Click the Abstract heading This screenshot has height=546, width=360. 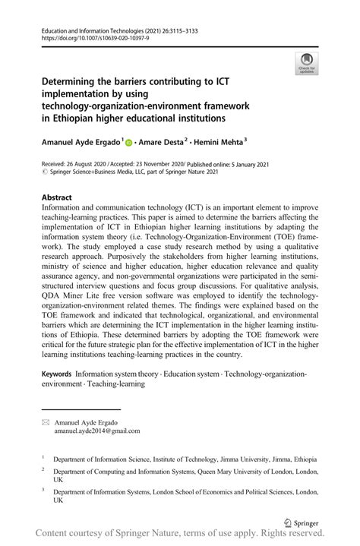click(58, 196)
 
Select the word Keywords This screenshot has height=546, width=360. click(57, 375)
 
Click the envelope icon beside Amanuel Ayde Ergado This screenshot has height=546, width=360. click(46, 421)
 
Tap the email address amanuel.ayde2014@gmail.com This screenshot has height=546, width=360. click(96, 431)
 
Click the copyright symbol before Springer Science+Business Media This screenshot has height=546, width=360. click(45, 172)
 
